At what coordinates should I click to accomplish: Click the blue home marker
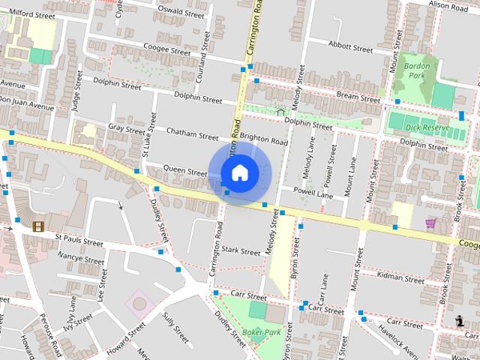(x=239, y=173)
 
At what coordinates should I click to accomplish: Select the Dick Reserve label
(x=426, y=128)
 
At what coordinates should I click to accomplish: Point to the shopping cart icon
(x=430, y=223)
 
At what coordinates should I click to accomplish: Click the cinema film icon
(x=38, y=226)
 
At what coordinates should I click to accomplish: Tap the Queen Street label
(x=185, y=172)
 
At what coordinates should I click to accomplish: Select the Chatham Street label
(x=191, y=135)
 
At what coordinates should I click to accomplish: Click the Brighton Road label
(x=264, y=141)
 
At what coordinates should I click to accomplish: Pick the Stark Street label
(x=241, y=251)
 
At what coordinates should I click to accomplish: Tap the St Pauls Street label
(x=79, y=242)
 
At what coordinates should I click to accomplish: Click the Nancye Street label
(x=81, y=260)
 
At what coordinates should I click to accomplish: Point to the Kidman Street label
(x=402, y=277)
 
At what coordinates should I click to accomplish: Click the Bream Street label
(x=358, y=97)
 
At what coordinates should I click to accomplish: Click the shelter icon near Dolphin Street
(x=280, y=112)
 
